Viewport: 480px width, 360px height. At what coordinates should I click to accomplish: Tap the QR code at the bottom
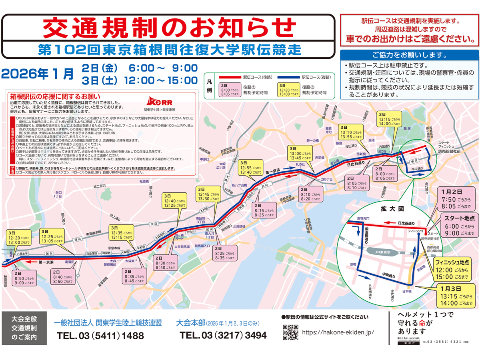(291, 332)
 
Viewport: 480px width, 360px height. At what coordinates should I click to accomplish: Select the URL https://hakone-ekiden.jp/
(338, 332)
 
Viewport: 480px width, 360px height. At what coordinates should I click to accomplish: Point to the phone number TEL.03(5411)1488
(100, 336)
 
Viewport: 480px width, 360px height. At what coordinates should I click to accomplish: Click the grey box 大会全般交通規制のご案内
(24, 328)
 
